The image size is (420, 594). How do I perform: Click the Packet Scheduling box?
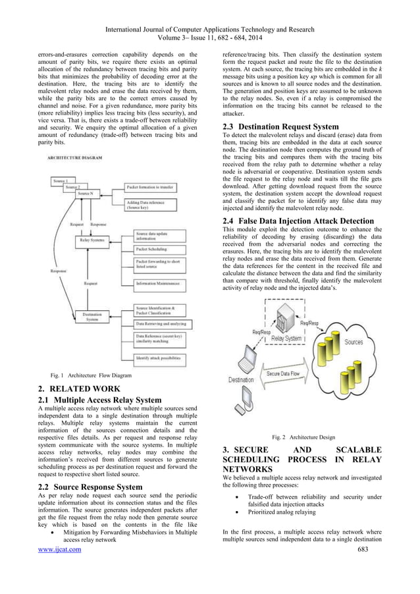coord(159,250)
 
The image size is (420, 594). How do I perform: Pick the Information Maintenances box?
coord(159,284)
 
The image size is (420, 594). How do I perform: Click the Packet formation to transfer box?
coord(159,188)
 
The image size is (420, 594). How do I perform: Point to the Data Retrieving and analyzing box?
coord(160,324)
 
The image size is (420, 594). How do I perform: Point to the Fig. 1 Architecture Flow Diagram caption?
coord(86,375)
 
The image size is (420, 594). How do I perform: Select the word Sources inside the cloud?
coord(354,342)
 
